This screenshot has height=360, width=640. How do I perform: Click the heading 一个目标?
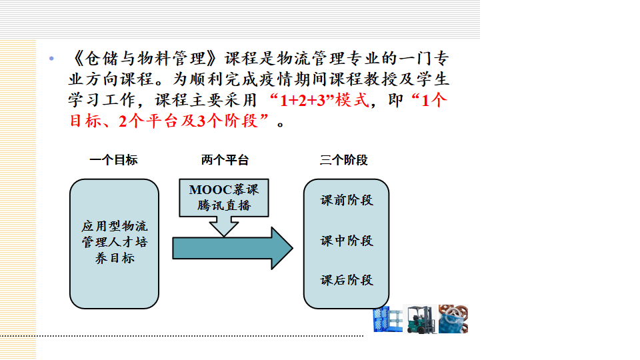pos(113,160)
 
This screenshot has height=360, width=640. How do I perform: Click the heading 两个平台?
pos(225,160)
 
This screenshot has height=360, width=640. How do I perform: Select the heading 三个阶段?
pos(344,160)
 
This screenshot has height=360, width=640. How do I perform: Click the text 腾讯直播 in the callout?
pos(225,205)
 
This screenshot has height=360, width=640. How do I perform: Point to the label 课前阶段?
pos(347,201)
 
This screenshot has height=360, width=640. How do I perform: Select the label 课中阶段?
pos(347,241)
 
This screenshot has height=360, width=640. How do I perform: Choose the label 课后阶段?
pos(347,280)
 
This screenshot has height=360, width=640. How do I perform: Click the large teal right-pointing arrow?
pos(233,248)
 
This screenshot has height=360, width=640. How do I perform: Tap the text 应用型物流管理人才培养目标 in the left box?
pos(115,242)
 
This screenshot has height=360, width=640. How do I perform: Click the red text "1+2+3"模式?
pos(317,101)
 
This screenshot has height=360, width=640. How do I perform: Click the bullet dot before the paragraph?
pos(51,59)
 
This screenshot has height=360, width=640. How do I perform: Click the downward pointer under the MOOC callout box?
pos(224,227)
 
